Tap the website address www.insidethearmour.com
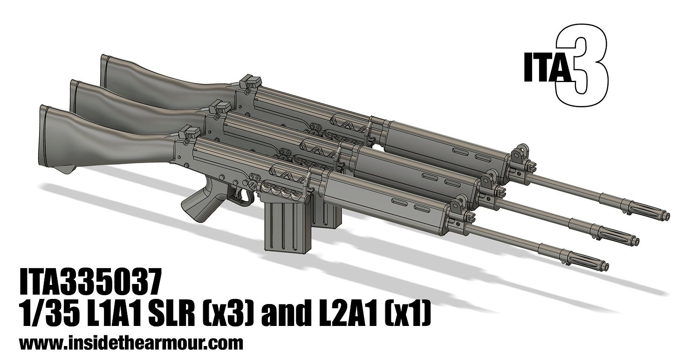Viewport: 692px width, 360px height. (x=131, y=344)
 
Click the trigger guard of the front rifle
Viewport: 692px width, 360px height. (x=242, y=198)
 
